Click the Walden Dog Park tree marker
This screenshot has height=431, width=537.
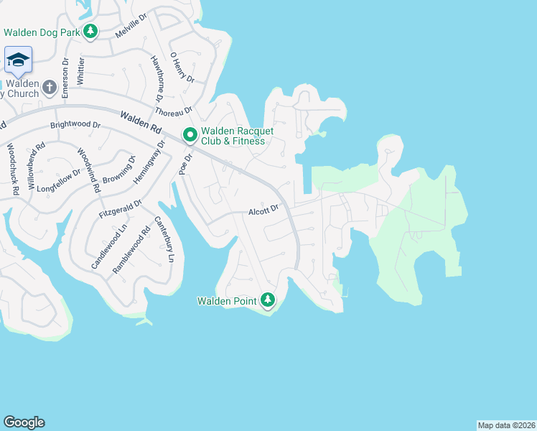[x=90, y=31]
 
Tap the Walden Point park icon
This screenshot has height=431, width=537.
[x=268, y=300]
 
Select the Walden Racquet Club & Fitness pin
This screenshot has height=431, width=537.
[x=190, y=135]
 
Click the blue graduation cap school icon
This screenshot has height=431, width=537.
[x=17, y=60]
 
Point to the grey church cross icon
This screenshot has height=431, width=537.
[x=49, y=88]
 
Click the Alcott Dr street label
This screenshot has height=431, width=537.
[x=263, y=212]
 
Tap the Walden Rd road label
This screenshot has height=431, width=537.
[x=141, y=119]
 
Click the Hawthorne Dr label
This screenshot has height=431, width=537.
[x=155, y=79]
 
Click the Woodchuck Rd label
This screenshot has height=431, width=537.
[x=12, y=170]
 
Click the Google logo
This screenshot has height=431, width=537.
[x=24, y=422]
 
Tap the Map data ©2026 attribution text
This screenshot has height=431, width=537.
[x=505, y=425]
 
